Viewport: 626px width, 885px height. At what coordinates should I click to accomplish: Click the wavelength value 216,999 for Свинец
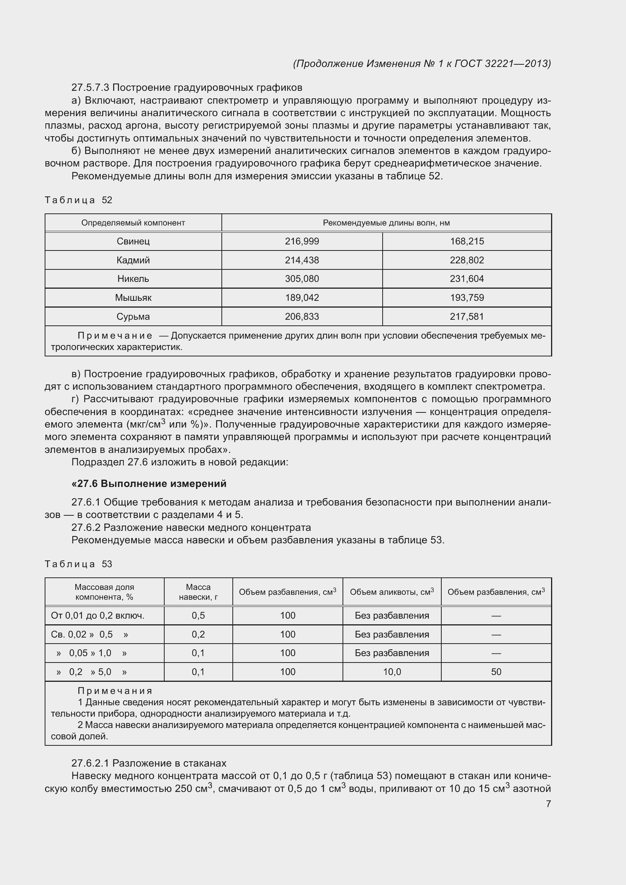pyautogui.click(x=302, y=241)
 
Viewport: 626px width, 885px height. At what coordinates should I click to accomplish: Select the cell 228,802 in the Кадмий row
pyautogui.click(x=466, y=260)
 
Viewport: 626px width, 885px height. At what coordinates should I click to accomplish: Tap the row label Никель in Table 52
pyautogui.click(x=133, y=279)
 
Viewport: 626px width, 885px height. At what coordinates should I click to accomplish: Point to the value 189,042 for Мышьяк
pyautogui.click(x=302, y=297)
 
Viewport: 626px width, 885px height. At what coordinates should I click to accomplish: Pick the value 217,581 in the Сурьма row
pyautogui.click(x=466, y=316)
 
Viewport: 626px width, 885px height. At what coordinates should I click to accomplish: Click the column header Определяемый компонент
pyautogui.click(x=133, y=223)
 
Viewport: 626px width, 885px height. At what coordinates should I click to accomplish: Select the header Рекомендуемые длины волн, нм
pyautogui.click(x=386, y=223)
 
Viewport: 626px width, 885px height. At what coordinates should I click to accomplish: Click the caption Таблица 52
pyautogui.click(x=78, y=200)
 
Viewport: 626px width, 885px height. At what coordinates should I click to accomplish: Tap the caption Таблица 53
pyautogui.click(x=78, y=564)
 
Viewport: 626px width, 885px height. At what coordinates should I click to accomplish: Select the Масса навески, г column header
pyautogui.click(x=198, y=592)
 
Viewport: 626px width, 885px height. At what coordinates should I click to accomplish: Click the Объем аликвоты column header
pyautogui.click(x=392, y=592)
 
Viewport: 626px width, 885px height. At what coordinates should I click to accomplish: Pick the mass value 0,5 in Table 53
pyautogui.click(x=198, y=616)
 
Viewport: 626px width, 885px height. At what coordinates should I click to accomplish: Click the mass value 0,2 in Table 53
pyautogui.click(x=198, y=635)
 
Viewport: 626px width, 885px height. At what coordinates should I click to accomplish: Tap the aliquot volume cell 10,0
pyautogui.click(x=392, y=672)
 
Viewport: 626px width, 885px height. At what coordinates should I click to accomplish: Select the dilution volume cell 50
pyautogui.click(x=496, y=672)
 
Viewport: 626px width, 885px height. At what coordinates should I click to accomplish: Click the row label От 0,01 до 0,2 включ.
pyautogui.click(x=98, y=616)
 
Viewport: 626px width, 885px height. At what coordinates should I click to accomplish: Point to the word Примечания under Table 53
pyautogui.click(x=115, y=691)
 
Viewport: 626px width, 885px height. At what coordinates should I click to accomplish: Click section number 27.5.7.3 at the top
pyautogui.click(x=90, y=87)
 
